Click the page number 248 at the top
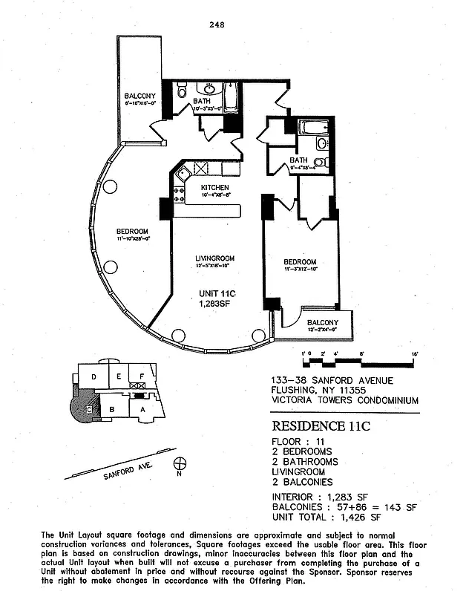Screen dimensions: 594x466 point(217,25)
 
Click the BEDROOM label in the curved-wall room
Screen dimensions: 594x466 point(132,231)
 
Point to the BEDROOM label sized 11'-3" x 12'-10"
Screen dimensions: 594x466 point(300,262)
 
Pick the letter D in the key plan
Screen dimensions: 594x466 point(93,377)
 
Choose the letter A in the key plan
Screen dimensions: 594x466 point(141,408)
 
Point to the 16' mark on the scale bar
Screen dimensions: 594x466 point(415,353)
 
